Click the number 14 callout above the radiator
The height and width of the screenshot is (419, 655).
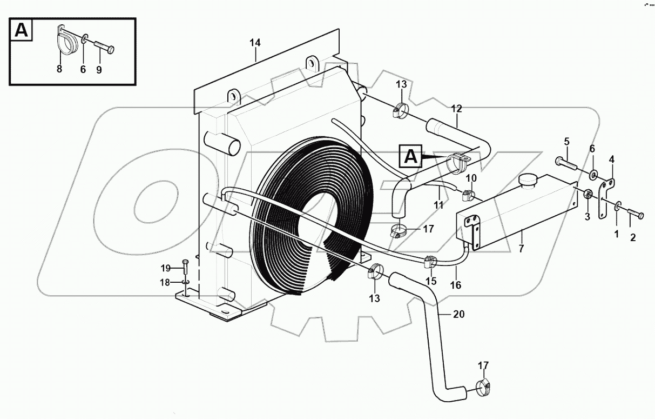(x=255, y=42)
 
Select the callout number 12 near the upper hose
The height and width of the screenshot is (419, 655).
(x=456, y=109)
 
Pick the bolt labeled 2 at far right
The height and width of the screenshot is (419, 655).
(x=635, y=216)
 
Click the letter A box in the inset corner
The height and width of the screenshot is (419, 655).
(x=21, y=30)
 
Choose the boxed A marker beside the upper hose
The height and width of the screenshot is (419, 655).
(x=411, y=156)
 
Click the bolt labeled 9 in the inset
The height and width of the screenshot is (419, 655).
(x=103, y=48)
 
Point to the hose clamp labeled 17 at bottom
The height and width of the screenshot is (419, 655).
(x=483, y=387)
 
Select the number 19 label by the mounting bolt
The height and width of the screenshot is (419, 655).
(x=165, y=268)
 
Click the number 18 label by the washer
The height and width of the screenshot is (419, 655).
(x=165, y=282)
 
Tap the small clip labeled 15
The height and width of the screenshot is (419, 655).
(x=430, y=262)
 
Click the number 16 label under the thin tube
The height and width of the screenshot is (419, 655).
(x=456, y=284)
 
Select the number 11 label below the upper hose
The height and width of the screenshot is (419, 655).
(x=438, y=205)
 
